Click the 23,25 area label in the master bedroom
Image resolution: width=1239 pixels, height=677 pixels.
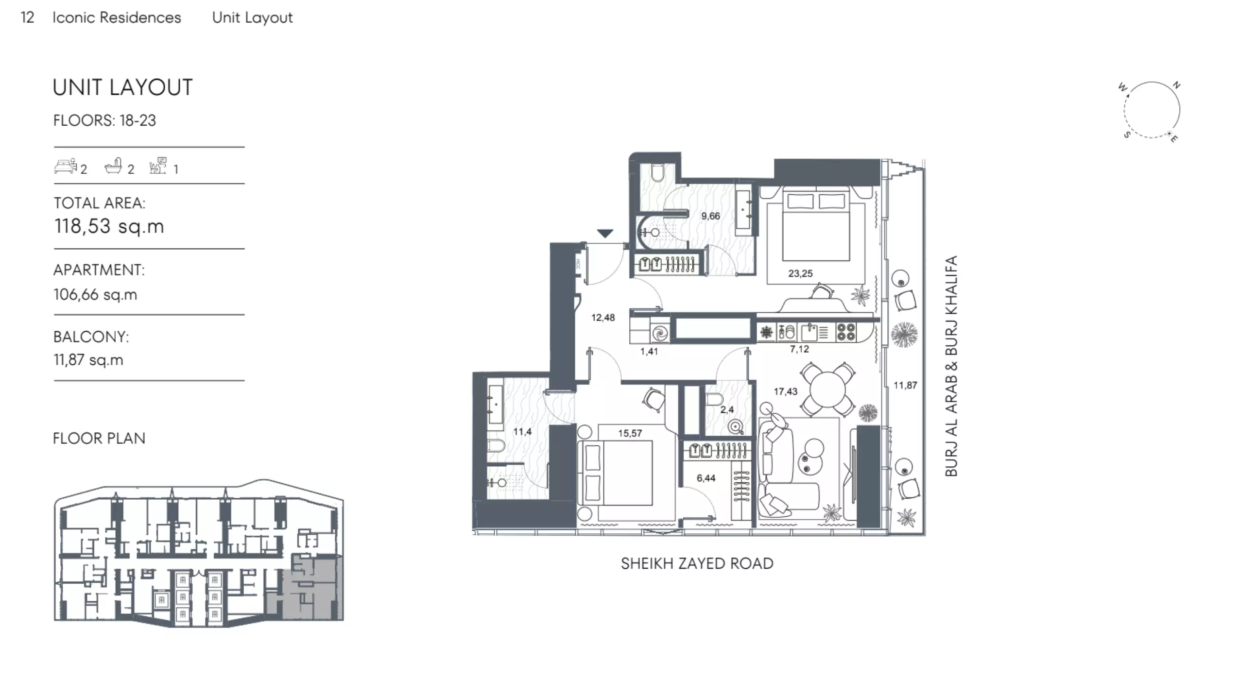[800, 273]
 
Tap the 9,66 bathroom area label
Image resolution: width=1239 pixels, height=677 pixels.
[710, 216]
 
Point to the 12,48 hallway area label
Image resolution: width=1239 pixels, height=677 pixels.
[603, 318]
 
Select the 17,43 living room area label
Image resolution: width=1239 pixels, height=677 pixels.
[786, 391]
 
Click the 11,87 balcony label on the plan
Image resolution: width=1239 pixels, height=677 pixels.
[905, 385]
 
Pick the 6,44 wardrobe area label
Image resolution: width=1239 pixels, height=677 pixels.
[706, 478]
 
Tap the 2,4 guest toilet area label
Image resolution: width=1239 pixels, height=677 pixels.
[727, 410]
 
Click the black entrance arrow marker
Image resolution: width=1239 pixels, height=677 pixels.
[605, 234]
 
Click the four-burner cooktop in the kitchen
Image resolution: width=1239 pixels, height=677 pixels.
[846, 332]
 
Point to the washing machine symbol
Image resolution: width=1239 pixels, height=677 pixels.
[660, 333]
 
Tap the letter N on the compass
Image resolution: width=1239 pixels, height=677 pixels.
[1176, 85]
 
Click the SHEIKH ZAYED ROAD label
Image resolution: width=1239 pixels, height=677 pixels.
[697, 563]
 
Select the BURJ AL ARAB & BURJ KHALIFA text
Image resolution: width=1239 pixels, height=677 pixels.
[951, 366]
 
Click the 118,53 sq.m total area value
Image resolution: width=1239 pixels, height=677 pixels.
[109, 226]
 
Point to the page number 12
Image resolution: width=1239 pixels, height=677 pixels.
[27, 17]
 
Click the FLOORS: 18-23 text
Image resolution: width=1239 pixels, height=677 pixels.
[104, 120]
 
